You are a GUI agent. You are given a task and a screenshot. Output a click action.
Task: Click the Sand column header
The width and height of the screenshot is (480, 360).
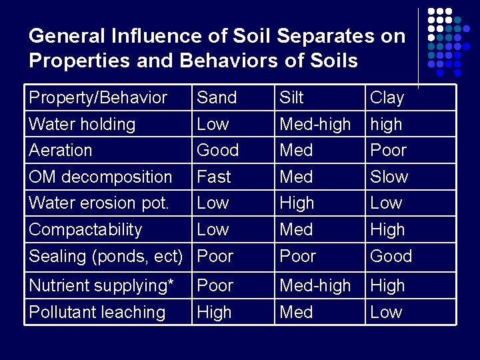[217, 97]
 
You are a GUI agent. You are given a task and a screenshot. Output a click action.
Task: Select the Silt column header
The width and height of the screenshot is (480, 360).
[291, 97]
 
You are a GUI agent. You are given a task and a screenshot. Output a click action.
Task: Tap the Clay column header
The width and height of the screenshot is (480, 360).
[387, 97]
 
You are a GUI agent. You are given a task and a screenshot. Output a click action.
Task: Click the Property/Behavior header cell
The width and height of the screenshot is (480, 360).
[98, 97]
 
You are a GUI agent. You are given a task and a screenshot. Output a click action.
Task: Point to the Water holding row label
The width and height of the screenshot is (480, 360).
[82, 124]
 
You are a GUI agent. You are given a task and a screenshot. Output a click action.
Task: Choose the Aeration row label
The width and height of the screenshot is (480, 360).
[61, 150]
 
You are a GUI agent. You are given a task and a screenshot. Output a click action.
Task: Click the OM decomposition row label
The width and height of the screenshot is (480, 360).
[101, 177]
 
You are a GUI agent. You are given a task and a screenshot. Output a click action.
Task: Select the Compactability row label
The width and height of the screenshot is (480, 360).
[85, 229]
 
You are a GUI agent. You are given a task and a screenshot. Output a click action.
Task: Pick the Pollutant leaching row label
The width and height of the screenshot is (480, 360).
[97, 312]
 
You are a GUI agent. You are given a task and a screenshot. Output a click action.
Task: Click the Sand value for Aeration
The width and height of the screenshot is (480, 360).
[217, 150]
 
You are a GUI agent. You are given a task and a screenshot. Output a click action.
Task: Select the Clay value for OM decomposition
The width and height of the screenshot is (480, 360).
[389, 177]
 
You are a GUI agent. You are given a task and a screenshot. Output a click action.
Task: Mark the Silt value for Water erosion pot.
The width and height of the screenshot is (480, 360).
[297, 203]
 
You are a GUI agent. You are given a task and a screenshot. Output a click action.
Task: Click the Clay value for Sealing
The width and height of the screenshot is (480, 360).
[391, 256]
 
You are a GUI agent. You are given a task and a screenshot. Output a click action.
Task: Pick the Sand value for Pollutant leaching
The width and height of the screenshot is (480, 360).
[214, 312]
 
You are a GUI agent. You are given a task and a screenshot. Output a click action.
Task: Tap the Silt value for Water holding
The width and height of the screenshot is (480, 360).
[315, 124]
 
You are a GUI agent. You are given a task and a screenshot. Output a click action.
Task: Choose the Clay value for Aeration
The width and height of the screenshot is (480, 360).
[389, 150]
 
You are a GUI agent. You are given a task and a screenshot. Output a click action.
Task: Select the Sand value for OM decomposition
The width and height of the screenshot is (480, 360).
[214, 177]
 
